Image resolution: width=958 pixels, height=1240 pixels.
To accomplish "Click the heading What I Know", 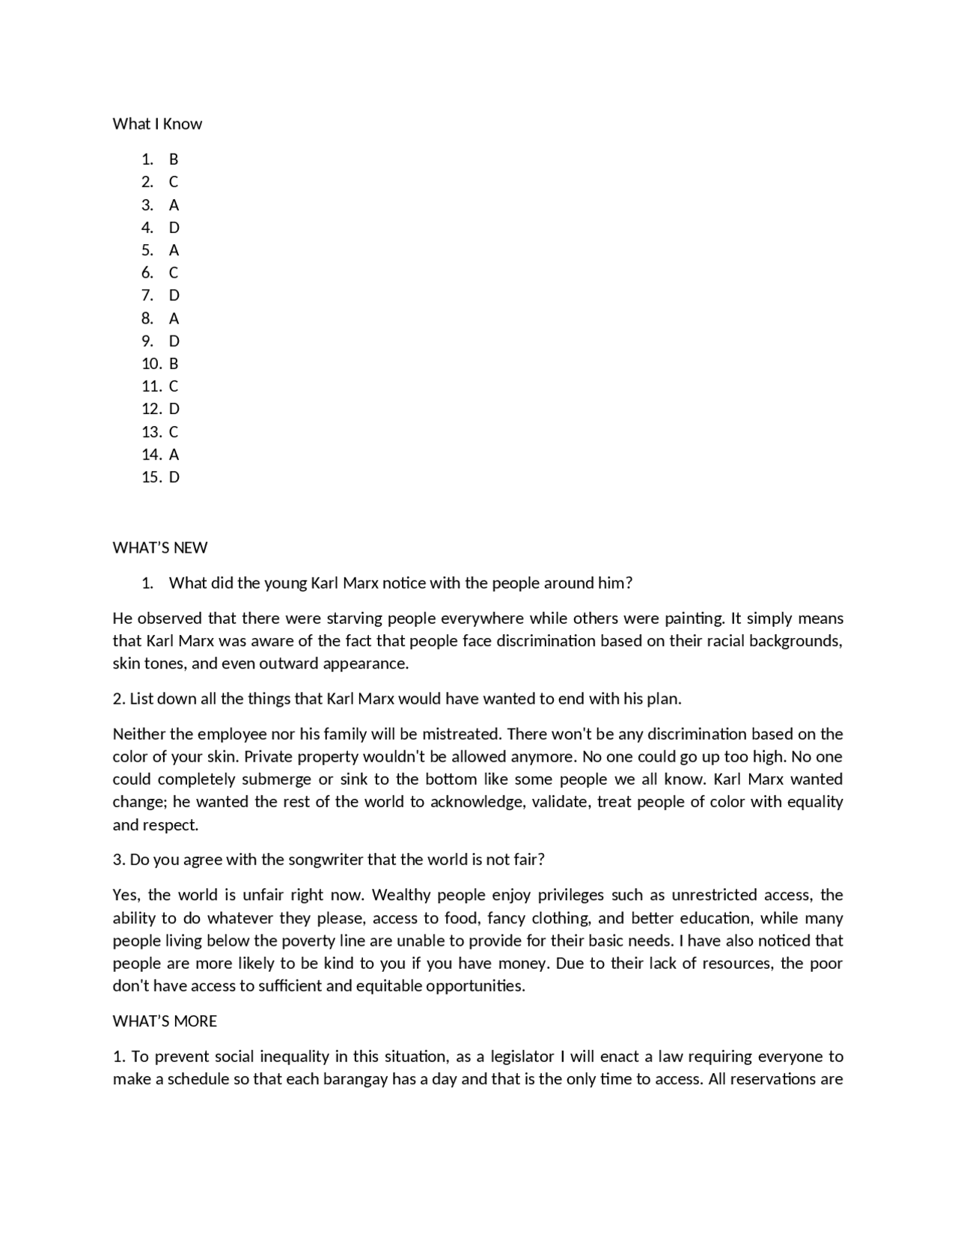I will coord(157,124).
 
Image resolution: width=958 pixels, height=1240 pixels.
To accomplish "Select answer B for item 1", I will coord(174,159).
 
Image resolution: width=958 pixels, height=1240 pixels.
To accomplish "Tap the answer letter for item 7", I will coord(174,295).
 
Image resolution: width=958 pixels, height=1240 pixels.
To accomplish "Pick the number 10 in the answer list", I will coord(151,363).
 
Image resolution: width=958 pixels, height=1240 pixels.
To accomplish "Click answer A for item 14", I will coord(174,455).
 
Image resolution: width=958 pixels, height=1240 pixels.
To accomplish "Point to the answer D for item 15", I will coord(174,477).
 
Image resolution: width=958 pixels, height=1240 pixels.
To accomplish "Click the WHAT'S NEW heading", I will coord(160,547).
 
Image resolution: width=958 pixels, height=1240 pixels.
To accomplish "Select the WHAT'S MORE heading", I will coord(165,1021).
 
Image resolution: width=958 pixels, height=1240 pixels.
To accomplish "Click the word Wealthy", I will coord(401,895).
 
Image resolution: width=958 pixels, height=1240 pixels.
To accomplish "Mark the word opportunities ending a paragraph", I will coord(475,985).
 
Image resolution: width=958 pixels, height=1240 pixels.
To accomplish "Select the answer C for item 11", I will coord(174,386).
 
